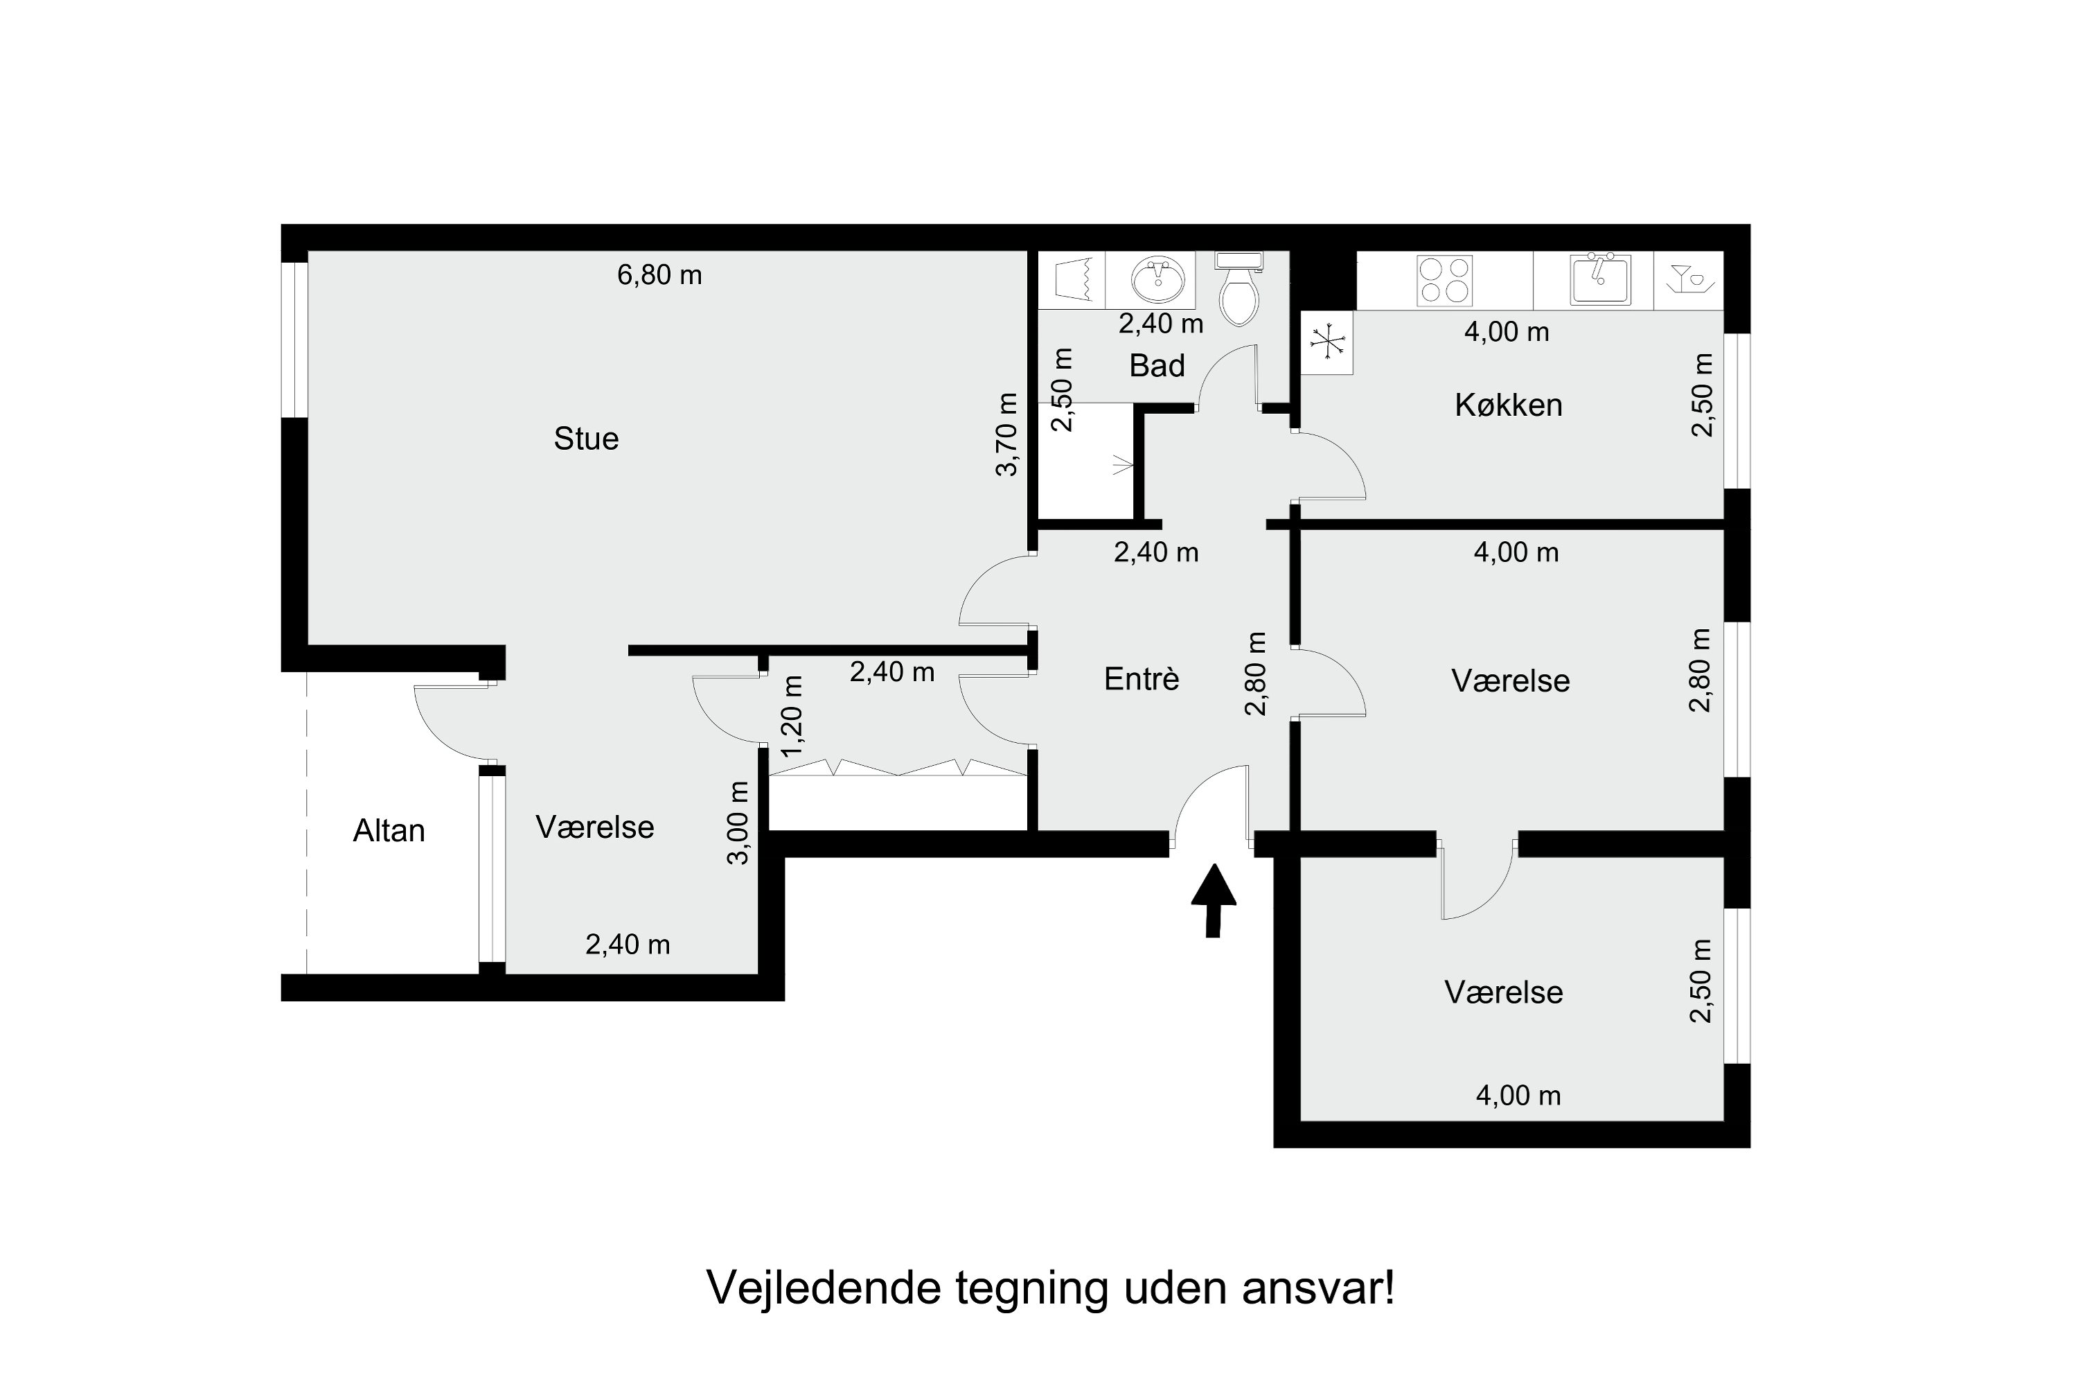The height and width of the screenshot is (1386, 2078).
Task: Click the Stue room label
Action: [586, 439]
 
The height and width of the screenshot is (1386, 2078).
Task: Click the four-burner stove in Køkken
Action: [1444, 280]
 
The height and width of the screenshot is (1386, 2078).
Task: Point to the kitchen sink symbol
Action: [1599, 279]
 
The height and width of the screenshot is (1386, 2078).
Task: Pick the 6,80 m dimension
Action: [659, 275]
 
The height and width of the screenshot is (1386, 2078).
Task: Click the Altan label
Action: [389, 831]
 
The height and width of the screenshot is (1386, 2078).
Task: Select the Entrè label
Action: [1142, 679]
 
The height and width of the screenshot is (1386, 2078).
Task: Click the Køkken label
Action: [1508, 405]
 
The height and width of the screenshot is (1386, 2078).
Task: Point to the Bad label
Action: [1157, 365]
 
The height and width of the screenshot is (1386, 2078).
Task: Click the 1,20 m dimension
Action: [792, 716]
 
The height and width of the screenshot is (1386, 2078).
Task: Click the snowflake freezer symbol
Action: [1327, 342]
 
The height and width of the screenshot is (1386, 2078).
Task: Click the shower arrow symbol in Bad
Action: [1122, 464]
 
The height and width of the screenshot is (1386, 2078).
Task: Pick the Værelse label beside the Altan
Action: [594, 827]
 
